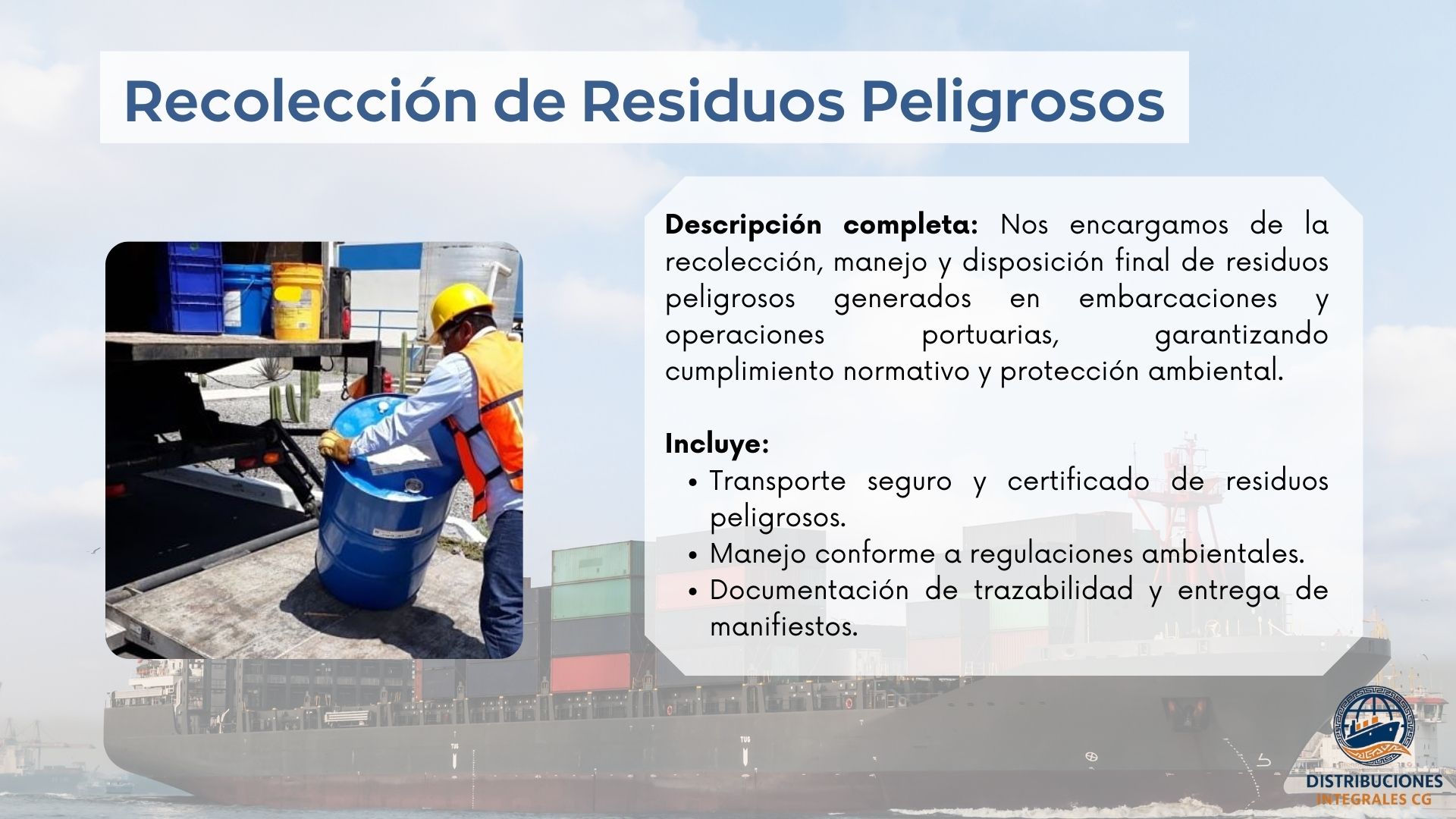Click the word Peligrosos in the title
tap(1012, 102)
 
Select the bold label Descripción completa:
tap(821, 225)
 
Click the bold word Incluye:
tap(717, 444)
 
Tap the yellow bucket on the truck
tap(297, 300)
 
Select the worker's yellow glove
tap(334, 447)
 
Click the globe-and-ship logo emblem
tap(1373, 726)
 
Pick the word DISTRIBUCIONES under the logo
tap(1374, 782)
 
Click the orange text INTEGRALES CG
tap(1374, 799)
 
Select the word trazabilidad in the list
tap(1053, 590)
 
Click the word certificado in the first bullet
tap(1078, 481)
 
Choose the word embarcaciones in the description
tap(1178, 298)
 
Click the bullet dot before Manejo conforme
tap(693, 555)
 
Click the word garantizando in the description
tap(1241, 335)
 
